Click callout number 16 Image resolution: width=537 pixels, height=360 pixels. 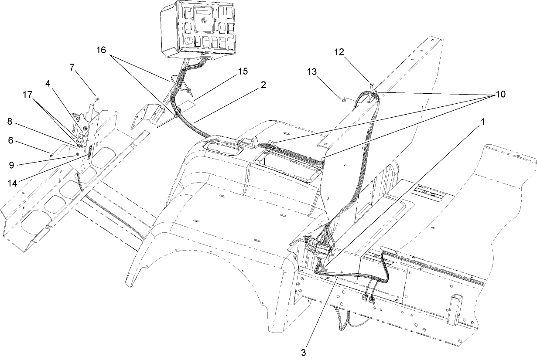point(101,50)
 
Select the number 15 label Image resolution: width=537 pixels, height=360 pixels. point(241,71)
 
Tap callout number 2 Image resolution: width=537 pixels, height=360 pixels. point(263,85)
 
